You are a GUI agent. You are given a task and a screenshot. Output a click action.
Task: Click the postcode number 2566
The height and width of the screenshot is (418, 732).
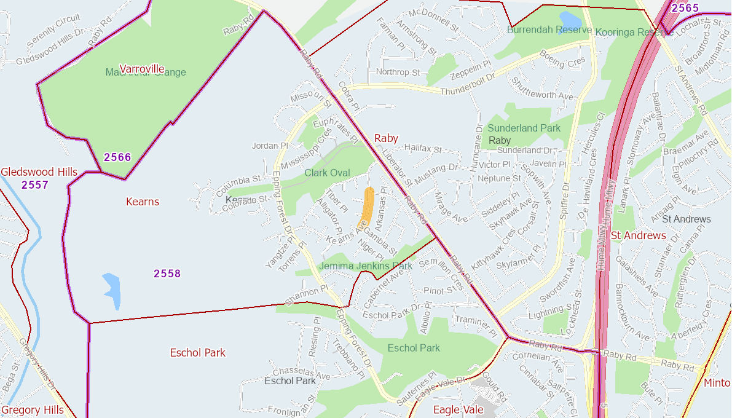tap(117, 157)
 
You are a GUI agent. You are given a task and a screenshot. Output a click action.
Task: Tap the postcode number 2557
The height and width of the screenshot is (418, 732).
tap(34, 184)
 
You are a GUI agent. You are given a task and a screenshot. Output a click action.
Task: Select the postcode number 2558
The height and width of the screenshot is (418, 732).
tap(167, 274)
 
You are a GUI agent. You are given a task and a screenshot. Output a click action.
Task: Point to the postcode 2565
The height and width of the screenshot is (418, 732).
tap(685, 8)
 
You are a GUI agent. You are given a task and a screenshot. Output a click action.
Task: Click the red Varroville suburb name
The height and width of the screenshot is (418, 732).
tap(142, 68)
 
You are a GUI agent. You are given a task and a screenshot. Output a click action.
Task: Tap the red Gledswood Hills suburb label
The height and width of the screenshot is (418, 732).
tap(39, 172)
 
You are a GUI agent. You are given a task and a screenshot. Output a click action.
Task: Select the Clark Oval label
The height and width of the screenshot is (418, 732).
tap(327, 173)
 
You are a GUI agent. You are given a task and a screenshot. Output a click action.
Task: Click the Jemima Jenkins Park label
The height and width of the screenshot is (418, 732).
tap(366, 266)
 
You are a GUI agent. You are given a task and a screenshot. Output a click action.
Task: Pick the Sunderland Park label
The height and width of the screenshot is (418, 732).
tap(524, 128)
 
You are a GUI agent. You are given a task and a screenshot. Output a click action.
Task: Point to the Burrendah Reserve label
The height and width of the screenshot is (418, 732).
tap(549, 30)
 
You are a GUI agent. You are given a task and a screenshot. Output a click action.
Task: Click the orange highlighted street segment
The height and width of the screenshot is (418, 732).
tap(366, 207)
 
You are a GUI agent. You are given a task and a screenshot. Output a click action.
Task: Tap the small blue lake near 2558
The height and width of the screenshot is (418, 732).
tap(112, 290)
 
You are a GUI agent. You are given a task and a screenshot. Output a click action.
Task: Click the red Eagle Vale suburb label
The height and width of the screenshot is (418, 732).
tap(458, 409)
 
